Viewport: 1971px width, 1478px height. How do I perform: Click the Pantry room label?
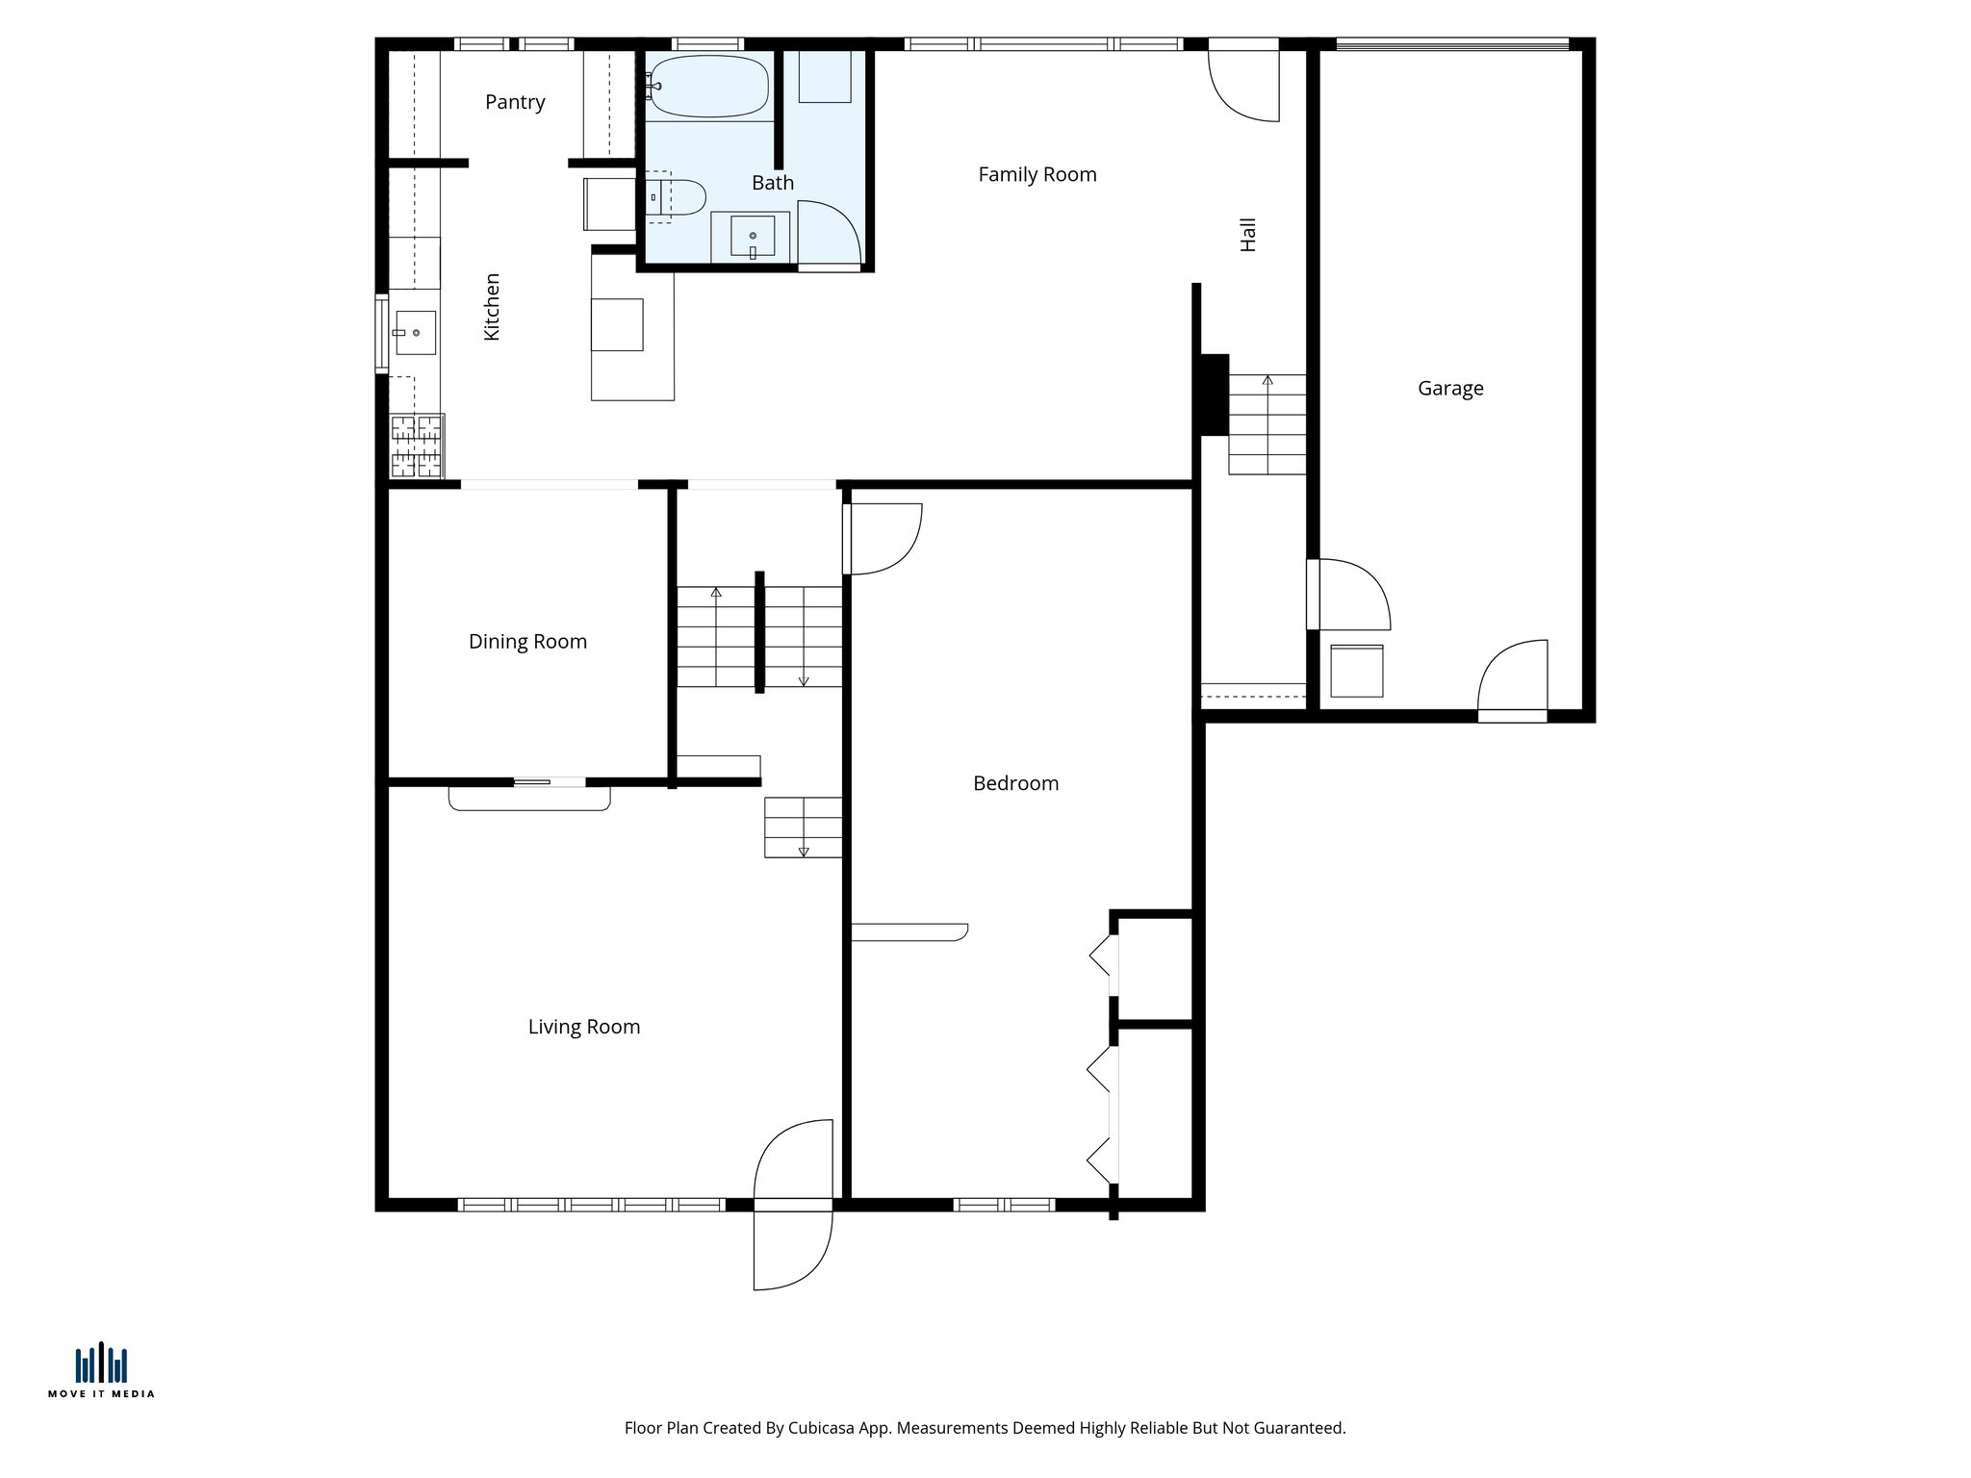515,102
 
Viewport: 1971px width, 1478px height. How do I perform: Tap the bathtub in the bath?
709,87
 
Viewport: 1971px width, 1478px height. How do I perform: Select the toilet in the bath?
679,197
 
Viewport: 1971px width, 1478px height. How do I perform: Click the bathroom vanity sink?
752,236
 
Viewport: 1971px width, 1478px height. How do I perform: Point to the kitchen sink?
415,332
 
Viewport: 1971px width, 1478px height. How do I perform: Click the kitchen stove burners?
417,446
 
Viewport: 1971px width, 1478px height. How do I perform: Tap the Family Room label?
1037,175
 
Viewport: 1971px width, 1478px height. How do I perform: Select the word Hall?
1248,234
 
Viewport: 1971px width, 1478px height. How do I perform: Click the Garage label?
1449,389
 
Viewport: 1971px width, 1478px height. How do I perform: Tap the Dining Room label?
527,642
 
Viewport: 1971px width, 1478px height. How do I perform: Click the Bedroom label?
1015,783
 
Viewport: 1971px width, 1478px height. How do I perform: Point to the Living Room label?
583,1027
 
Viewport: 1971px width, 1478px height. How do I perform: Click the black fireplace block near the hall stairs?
1213,395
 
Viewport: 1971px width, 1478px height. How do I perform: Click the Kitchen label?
492,306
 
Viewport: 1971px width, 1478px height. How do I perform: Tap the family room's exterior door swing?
1244,87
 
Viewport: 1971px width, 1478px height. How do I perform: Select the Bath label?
772,183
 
